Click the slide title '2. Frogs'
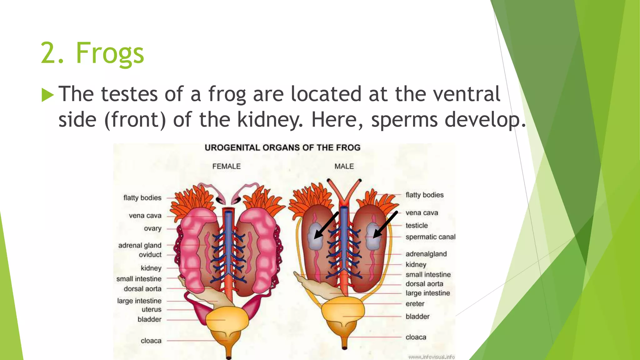92,53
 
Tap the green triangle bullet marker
47,95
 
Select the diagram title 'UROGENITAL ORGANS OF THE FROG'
282,147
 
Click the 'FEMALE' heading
227,166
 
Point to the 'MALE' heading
344,166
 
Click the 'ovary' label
152,228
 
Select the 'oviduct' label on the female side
150,255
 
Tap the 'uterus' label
152,309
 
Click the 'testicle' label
417,225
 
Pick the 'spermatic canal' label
430,237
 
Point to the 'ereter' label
415,304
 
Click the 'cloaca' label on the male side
416,337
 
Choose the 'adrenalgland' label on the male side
426,254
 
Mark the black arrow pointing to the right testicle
385,225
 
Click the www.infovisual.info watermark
431,357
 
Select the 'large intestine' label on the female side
139,301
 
